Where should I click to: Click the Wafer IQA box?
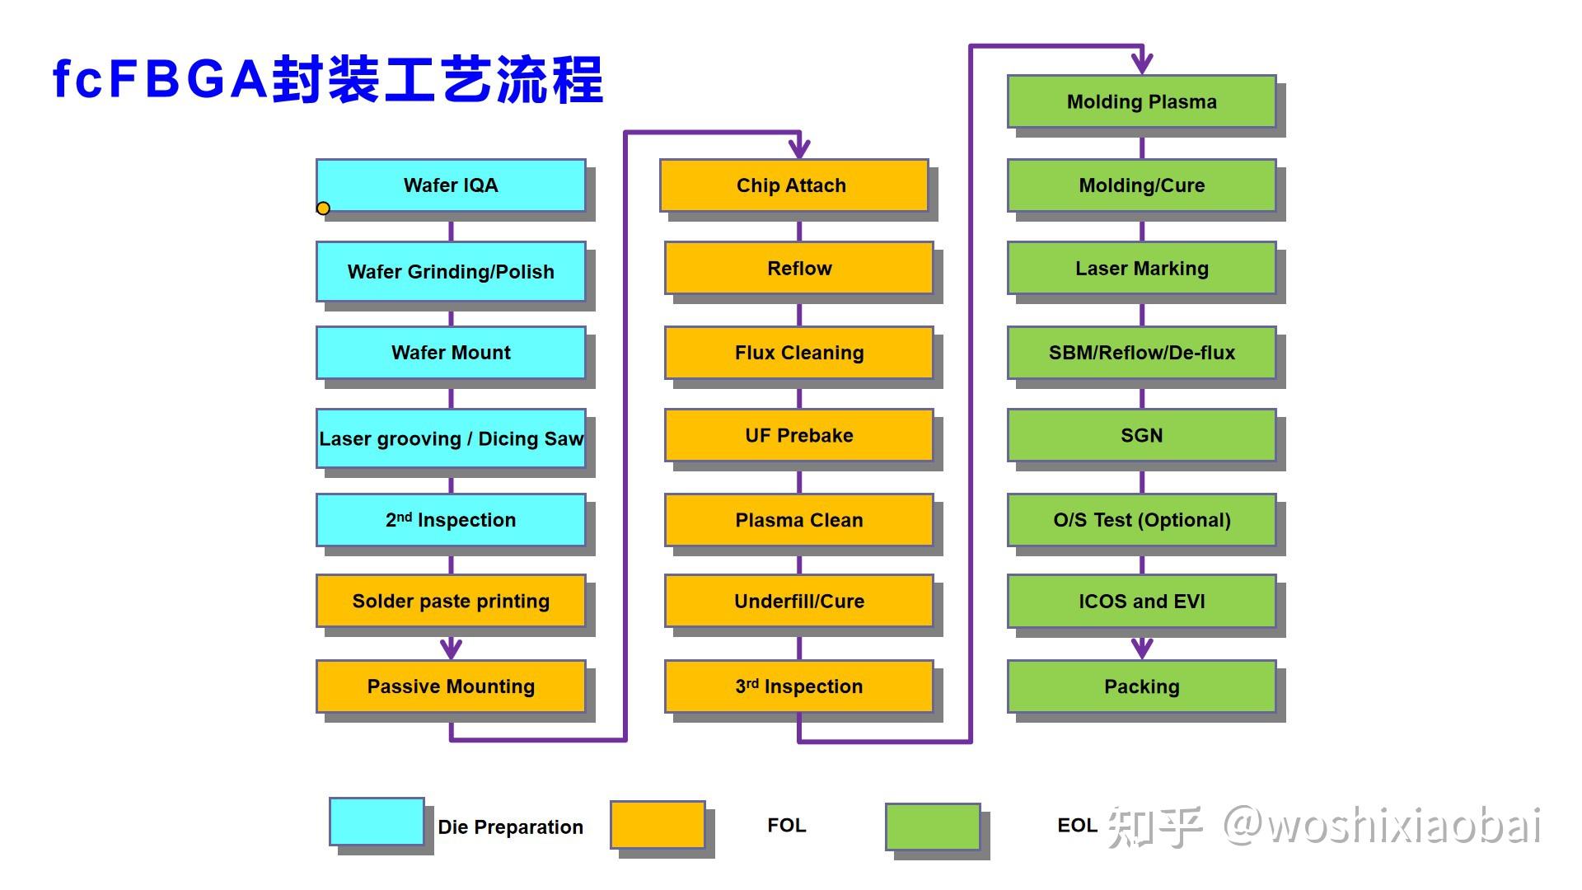[451, 185]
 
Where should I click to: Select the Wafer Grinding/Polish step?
[451, 271]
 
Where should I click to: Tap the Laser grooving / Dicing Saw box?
[451, 438]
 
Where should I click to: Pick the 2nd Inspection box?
[451, 520]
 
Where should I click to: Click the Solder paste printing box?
[451, 601]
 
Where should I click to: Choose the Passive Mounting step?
[451, 686]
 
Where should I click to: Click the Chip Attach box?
[793, 185]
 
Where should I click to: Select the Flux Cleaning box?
[798, 353]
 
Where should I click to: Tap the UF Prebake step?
[798, 435]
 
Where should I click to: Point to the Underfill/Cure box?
[798, 601]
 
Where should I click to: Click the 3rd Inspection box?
[798, 686]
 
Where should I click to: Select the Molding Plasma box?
[1141, 101]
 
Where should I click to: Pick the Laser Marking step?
[1141, 268]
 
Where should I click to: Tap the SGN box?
[1141, 435]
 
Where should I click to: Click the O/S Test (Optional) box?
[1141, 520]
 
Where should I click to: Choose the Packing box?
[1141, 686]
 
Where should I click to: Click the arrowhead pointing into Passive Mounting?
[451, 649]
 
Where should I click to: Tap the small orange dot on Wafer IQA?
[323, 208]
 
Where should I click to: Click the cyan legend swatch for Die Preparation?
[377, 822]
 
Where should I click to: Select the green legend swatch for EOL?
[933, 827]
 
